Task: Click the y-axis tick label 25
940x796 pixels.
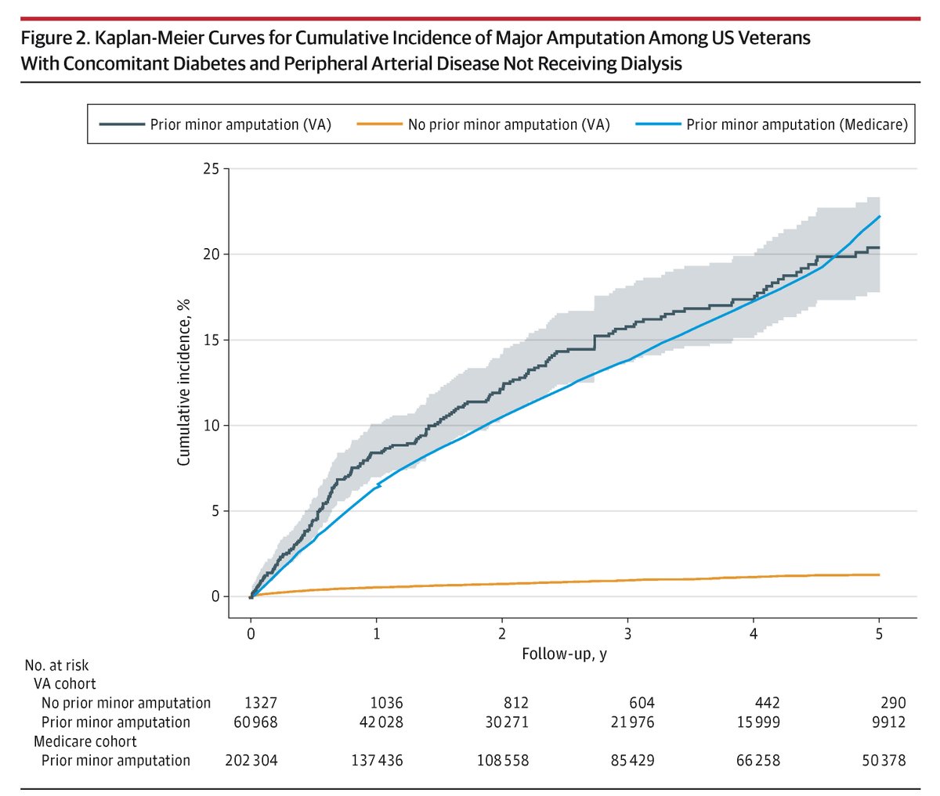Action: pyautogui.click(x=210, y=169)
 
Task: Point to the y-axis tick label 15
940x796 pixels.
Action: pyautogui.click(x=210, y=340)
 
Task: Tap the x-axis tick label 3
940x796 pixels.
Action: pyautogui.click(x=628, y=634)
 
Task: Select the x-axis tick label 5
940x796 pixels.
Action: pyautogui.click(x=879, y=634)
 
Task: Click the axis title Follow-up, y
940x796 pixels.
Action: pyautogui.click(x=564, y=653)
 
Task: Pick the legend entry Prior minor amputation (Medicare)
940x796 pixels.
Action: pyautogui.click(x=797, y=124)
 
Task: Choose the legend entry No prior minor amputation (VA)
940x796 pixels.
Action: pyautogui.click(x=508, y=124)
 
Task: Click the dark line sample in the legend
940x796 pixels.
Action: pyautogui.click(x=121, y=124)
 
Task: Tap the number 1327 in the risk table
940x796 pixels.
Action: pyautogui.click(x=261, y=703)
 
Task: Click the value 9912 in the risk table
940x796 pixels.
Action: pyautogui.click(x=888, y=722)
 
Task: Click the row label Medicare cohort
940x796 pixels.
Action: pyautogui.click(x=85, y=741)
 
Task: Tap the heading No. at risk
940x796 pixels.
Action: pyautogui.click(x=56, y=665)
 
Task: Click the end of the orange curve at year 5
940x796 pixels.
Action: pyautogui.click(x=879, y=574)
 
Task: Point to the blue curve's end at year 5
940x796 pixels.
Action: pyautogui.click(x=879, y=217)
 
